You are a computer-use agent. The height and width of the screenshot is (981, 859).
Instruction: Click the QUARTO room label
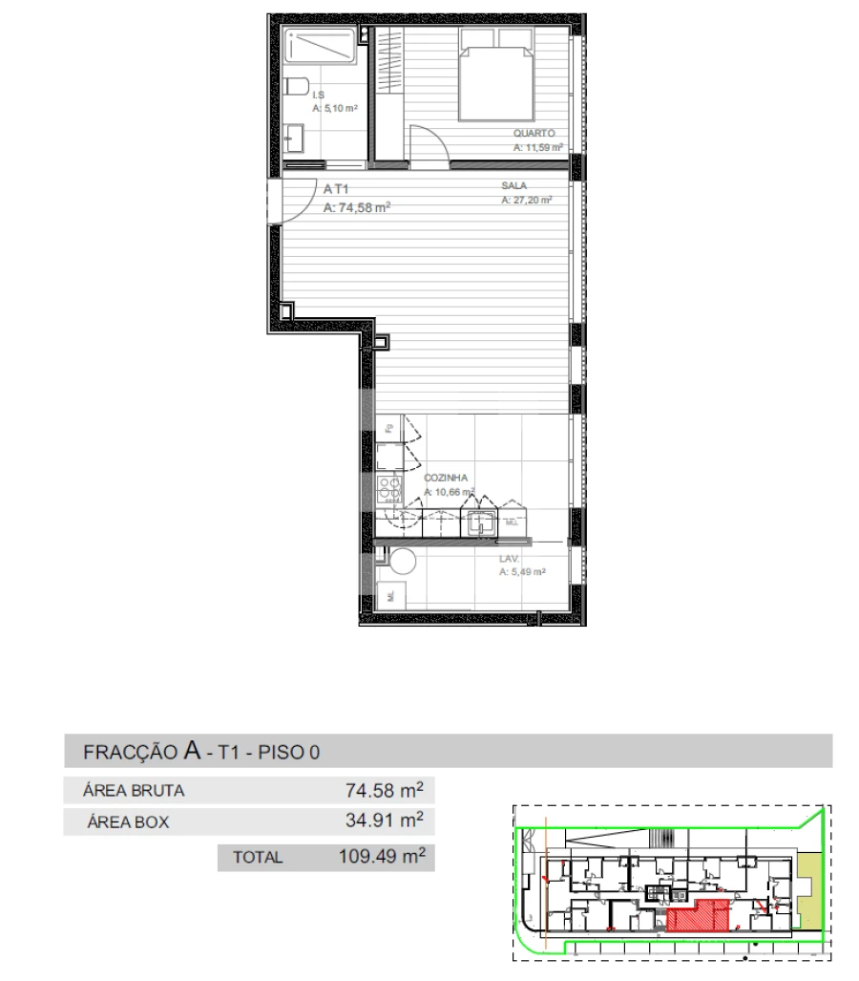click(534, 135)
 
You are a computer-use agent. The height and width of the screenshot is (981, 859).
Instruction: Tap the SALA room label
click(514, 187)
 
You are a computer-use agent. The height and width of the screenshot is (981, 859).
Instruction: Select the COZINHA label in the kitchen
click(447, 477)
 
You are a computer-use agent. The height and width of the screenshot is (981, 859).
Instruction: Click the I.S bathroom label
click(319, 96)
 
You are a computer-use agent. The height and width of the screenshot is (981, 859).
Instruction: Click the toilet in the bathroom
click(296, 88)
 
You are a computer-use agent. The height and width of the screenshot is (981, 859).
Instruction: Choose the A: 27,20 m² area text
click(527, 202)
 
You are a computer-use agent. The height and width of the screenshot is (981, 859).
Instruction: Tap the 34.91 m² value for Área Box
click(384, 820)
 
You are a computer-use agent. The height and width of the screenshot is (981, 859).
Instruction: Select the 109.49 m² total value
click(381, 856)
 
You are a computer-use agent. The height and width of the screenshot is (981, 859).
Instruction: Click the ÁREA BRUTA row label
click(134, 791)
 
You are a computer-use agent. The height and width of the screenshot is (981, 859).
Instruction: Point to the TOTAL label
click(258, 858)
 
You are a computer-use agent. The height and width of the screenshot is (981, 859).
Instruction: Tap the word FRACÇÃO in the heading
click(130, 752)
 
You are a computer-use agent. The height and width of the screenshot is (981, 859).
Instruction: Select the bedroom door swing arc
click(427, 143)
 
